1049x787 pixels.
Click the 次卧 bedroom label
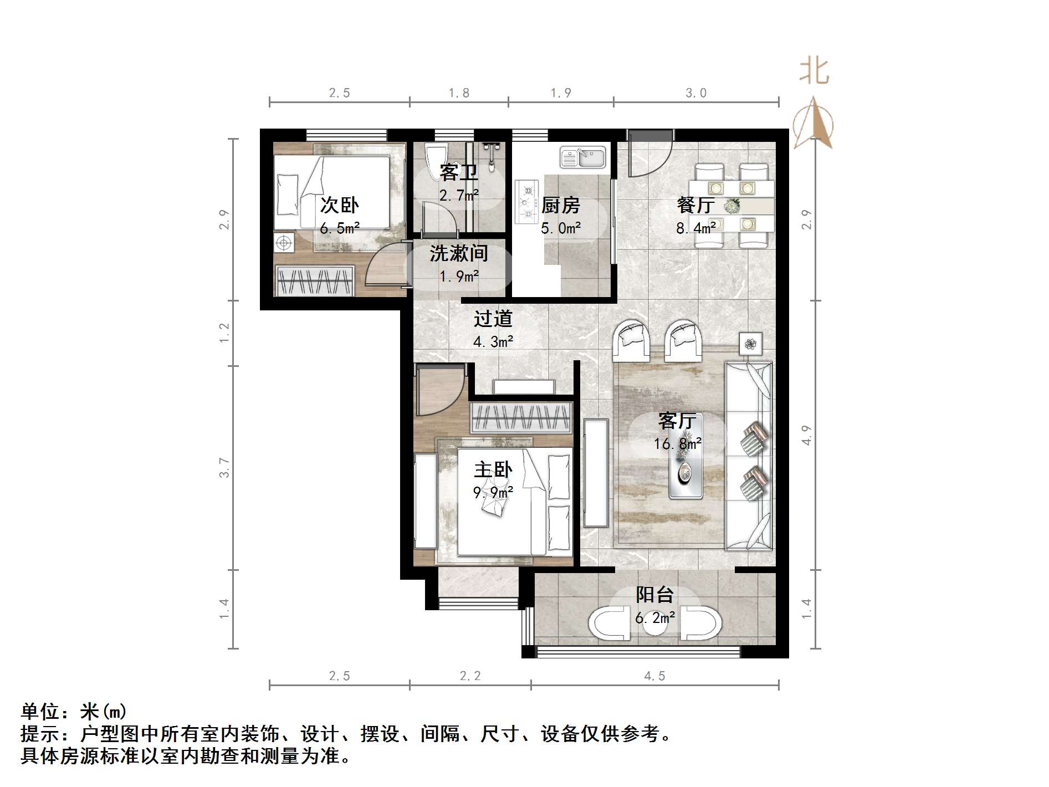point(339,205)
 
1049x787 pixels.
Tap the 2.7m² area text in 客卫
point(459,195)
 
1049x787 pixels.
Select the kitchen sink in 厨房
point(583,157)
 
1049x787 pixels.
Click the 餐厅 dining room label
point(695,205)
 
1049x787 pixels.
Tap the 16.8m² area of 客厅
point(677,443)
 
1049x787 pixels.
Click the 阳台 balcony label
point(654,595)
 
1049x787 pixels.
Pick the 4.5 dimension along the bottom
point(654,676)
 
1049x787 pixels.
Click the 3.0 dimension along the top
point(696,93)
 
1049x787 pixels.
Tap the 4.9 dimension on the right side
point(806,435)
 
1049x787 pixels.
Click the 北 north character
point(814,71)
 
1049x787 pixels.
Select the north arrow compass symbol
point(813,123)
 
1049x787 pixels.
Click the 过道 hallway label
point(493,319)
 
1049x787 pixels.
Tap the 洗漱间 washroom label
point(459,253)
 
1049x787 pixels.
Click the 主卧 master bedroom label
point(493,469)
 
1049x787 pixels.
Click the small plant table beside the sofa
point(750,344)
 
